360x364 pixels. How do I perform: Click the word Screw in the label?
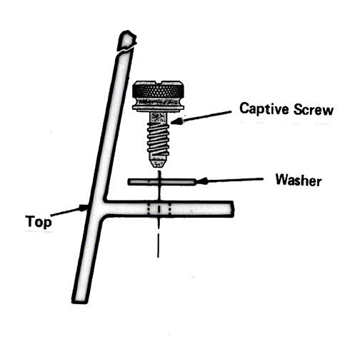(x=314, y=110)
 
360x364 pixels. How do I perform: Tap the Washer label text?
(x=299, y=180)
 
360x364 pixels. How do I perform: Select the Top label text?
(x=38, y=222)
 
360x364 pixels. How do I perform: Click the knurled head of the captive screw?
(x=158, y=92)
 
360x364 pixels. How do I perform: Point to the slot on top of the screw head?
(x=158, y=83)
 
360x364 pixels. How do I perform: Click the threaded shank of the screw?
(x=158, y=141)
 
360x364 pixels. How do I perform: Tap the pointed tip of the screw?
(x=158, y=164)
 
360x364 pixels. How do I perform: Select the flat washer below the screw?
(x=162, y=182)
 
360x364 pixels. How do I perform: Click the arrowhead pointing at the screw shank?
(x=176, y=121)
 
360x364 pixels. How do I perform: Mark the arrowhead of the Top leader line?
(x=84, y=208)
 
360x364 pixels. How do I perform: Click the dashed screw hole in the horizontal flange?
(x=159, y=209)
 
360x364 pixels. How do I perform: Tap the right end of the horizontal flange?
(x=232, y=209)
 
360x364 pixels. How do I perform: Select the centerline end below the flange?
(x=158, y=256)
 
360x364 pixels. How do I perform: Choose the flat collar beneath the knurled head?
(x=158, y=108)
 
